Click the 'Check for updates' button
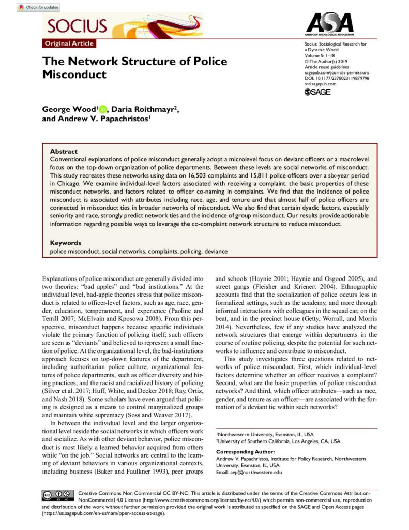(38, 7)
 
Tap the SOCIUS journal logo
(77, 26)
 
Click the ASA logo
(329, 24)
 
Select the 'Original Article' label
(68, 44)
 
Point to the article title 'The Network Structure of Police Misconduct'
(134, 68)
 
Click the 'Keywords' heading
(65, 243)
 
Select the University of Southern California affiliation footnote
(279, 441)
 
